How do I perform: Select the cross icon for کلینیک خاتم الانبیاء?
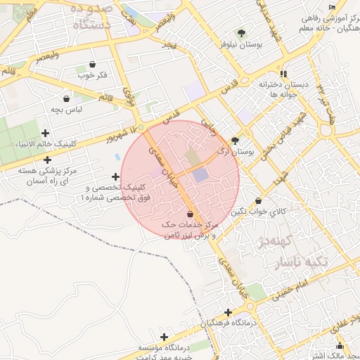coord(46,133)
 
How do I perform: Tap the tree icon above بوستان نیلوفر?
coord(241,33)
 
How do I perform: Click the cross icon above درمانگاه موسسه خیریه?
coord(165,337)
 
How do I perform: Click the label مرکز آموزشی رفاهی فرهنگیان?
coord(327,22)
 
